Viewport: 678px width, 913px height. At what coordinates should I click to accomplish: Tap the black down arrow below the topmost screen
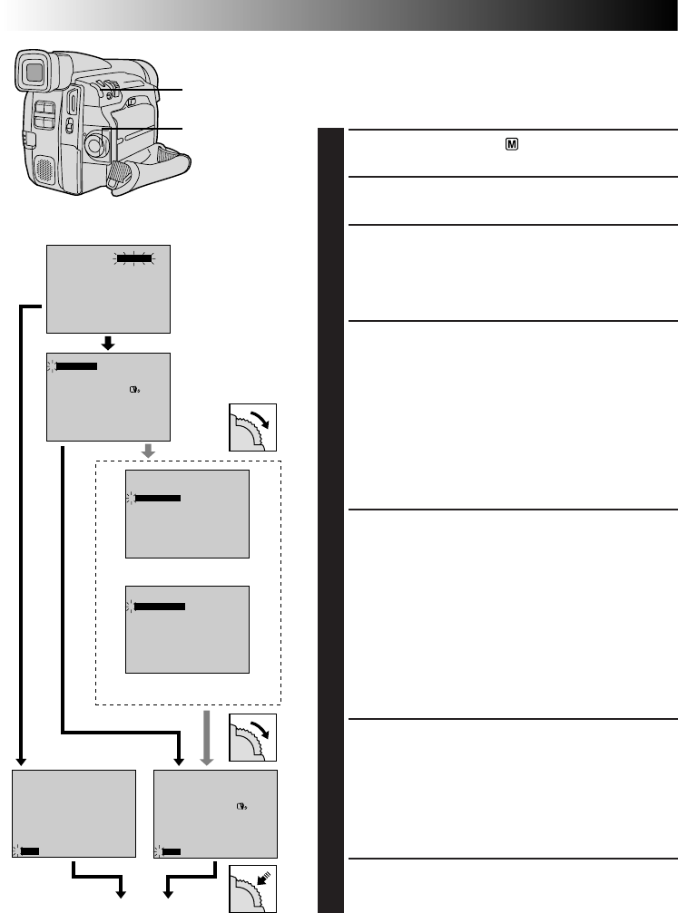[108, 343]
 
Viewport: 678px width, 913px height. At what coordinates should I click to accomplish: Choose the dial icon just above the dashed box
[253, 426]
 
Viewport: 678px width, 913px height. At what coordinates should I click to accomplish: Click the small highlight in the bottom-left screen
[29, 850]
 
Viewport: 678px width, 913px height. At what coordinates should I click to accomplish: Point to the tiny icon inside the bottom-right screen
[241, 806]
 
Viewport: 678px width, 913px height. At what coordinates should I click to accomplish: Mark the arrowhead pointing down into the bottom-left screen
[22, 760]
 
